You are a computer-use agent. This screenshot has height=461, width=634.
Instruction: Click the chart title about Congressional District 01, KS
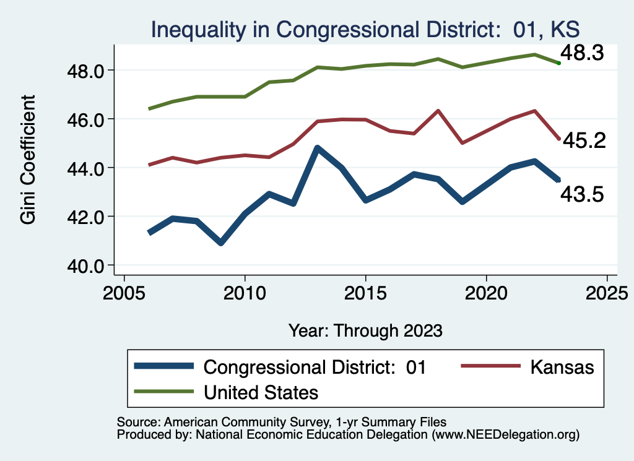pos(365,30)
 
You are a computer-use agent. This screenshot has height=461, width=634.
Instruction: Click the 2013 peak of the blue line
pos(317,148)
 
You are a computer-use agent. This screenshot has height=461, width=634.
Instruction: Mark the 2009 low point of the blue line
pos(221,243)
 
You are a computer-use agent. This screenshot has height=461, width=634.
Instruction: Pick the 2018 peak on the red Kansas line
pos(438,111)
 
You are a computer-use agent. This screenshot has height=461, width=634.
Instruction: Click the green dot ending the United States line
pos(558,63)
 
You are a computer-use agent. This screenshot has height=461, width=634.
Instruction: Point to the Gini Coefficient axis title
pos(28,160)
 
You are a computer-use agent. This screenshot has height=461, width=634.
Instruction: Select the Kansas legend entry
pos(562,367)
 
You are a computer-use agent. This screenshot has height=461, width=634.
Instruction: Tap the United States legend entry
pos(261,392)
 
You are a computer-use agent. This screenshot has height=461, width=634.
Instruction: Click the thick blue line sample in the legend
pos(164,367)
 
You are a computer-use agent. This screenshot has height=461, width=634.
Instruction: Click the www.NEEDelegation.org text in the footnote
pos(506,435)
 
